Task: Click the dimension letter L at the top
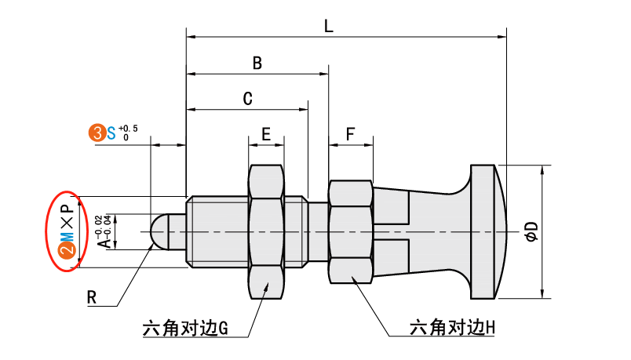[x=330, y=25]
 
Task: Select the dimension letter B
[x=257, y=63]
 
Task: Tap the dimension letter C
[x=246, y=99]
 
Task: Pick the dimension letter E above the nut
[x=266, y=134]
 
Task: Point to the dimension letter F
[x=350, y=134]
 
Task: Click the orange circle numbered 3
[x=97, y=133]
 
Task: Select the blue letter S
[x=111, y=133]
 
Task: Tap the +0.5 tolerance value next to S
[x=128, y=128]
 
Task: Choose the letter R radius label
[x=91, y=298]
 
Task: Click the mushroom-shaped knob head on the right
[x=483, y=231]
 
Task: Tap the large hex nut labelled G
[x=266, y=231]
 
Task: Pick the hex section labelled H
[x=350, y=231]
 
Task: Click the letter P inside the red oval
[x=67, y=208]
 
